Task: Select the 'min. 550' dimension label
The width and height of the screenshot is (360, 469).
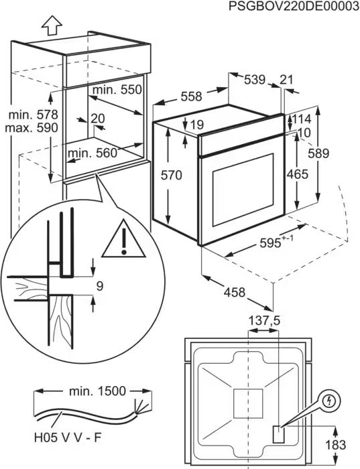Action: [117, 90]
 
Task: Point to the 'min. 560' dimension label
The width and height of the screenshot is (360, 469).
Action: [92, 153]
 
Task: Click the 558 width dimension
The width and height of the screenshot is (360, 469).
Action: [191, 96]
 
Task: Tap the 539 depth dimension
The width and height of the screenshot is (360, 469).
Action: [254, 80]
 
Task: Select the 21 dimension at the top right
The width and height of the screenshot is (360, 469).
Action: [286, 80]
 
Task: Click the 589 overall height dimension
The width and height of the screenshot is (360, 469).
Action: [318, 153]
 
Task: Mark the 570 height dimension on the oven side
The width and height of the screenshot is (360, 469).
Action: [171, 176]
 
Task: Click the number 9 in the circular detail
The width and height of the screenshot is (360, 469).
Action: [99, 286]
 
